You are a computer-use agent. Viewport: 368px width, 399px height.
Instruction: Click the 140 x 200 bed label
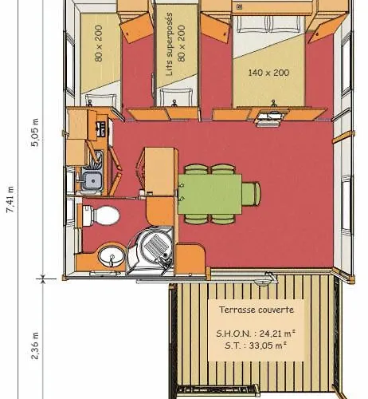268,73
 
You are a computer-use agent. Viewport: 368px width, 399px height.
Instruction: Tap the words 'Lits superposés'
169,44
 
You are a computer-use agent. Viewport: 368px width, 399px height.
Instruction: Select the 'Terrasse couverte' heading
256,310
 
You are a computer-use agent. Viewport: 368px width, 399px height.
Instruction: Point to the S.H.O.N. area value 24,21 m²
277,334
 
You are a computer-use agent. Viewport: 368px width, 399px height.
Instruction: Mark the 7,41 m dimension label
10,199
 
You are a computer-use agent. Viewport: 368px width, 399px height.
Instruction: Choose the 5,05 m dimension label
35,132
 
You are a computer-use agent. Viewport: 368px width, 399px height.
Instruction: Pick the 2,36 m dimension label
35,346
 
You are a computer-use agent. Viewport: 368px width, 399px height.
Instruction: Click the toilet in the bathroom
101,215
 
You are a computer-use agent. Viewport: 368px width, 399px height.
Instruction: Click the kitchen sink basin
92,180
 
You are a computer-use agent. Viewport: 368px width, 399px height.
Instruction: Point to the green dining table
209,194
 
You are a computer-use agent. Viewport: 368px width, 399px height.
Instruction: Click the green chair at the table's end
251,194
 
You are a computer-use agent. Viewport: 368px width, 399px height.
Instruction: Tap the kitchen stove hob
101,128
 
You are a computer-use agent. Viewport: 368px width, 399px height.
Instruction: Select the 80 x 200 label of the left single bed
99,43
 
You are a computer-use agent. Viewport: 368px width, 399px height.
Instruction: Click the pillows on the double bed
269,24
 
